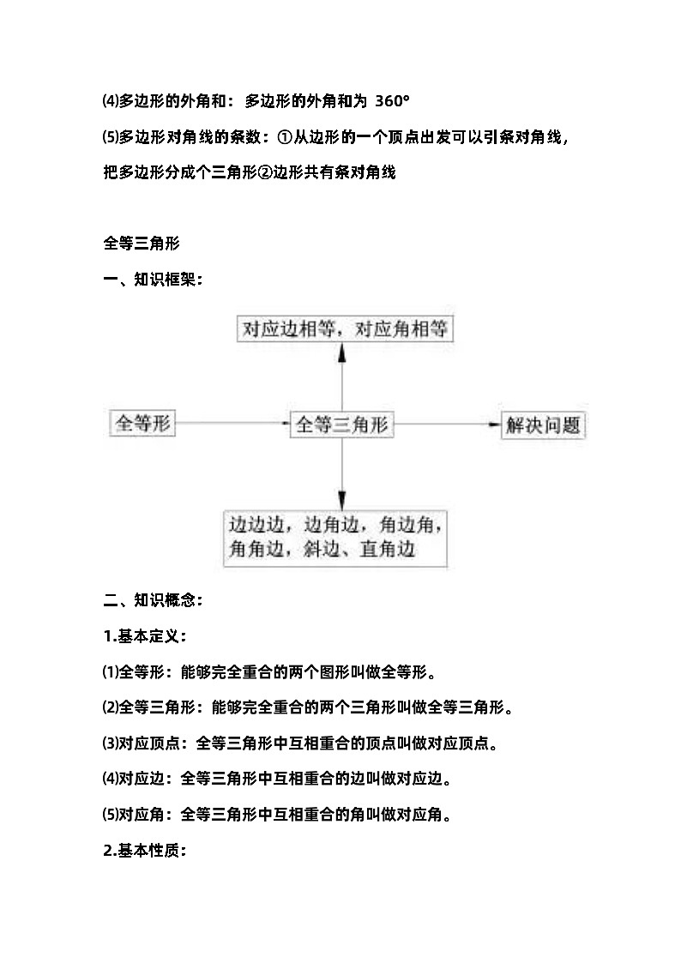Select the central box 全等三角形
(342, 424)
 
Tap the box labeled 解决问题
(543, 425)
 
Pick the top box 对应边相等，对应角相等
(345, 329)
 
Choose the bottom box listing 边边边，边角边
(336, 537)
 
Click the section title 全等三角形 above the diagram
(141, 243)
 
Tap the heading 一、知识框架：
(153, 279)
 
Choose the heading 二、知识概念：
(153, 600)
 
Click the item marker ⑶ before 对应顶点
(109, 743)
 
